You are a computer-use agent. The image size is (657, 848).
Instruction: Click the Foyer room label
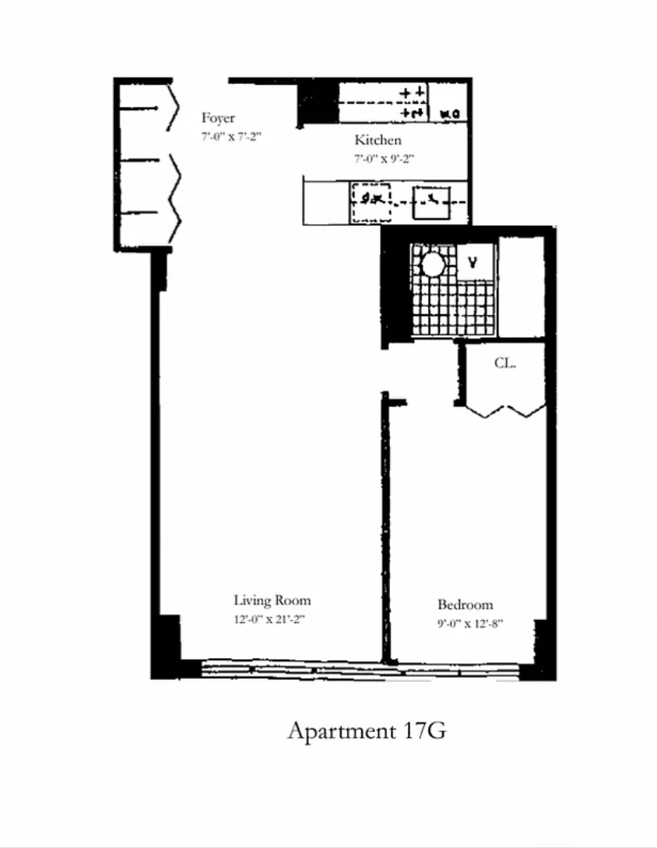218,119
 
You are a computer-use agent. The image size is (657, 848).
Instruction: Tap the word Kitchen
378,141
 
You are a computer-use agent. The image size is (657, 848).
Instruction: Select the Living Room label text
272,601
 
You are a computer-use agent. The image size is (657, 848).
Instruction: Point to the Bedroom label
465,605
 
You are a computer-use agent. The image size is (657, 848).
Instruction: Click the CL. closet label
506,363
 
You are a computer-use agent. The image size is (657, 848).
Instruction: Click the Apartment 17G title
367,731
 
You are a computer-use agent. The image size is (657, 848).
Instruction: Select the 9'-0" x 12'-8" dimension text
465,624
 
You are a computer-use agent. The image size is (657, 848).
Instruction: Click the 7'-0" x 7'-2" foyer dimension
230,136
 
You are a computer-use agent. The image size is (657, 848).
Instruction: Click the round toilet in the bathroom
432,265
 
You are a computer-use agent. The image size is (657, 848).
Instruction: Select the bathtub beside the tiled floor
521,286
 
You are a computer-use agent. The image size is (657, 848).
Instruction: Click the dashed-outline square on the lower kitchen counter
371,202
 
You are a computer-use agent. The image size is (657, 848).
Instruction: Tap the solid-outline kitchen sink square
430,202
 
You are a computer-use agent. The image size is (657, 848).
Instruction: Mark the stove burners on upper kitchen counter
413,102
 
